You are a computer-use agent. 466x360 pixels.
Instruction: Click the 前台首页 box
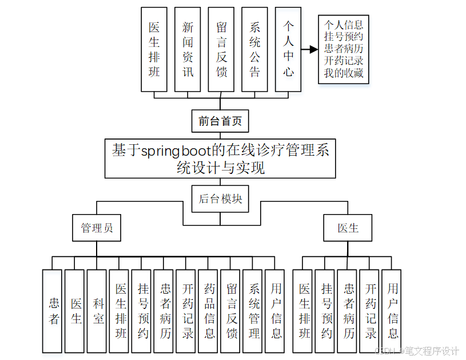coord(220,121)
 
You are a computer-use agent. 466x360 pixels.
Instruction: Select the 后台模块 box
coord(220,199)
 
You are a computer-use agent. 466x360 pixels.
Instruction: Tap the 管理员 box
coord(97,228)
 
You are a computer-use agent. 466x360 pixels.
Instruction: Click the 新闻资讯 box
coord(188,49)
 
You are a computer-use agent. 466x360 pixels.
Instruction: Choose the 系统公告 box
coord(255,49)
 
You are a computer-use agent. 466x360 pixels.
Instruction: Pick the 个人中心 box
coord(288,49)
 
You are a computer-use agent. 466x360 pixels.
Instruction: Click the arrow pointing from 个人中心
coord(309,50)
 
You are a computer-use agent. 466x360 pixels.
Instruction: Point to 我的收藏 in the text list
coord(344,73)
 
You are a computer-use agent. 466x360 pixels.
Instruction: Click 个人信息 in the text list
coord(344,25)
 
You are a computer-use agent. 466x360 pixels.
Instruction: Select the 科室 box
coord(99,311)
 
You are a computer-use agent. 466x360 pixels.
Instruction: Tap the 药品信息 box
coord(210,311)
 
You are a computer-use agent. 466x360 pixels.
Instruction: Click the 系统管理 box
coord(254,311)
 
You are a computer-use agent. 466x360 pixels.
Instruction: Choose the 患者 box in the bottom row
coord(54,311)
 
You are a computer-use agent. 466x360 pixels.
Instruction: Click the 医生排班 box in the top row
coord(154,49)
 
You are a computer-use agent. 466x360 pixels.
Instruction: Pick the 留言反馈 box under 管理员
coord(232,311)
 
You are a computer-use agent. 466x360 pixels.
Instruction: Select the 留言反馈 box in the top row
coord(221,49)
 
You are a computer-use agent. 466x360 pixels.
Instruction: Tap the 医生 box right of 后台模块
coord(348,228)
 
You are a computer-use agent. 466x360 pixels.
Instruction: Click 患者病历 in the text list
coord(344,49)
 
